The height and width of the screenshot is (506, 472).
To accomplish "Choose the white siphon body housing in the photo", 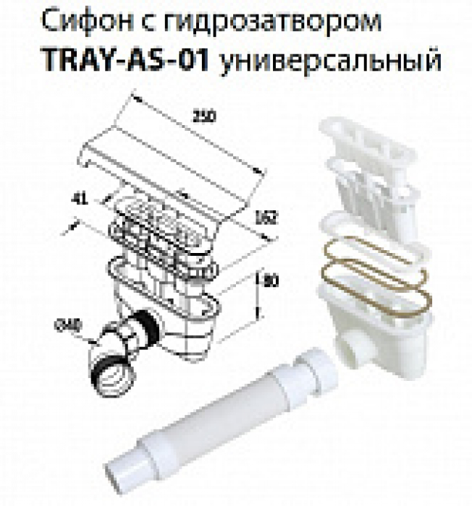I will (x=369, y=318).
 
